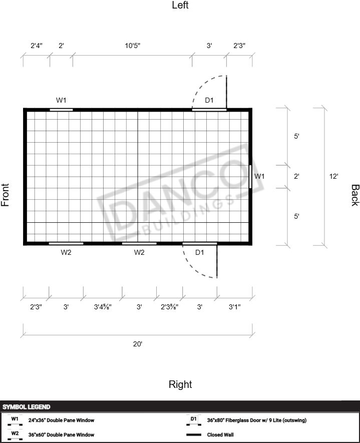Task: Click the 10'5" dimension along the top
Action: click(x=133, y=46)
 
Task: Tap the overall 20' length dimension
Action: click(x=138, y=344)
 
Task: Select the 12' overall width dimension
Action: click(x=334, y=176)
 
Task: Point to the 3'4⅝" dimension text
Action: click(x=103, y=307)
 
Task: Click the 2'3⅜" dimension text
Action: click(x=170, y=307)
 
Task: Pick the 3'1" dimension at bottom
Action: click(x=234, y=307)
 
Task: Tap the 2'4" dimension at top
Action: click(x=37, y=46)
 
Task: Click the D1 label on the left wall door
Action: click(x=209, y=100)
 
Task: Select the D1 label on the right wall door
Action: click(x=199, y=252)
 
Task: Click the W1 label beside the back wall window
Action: click(x=259, y=176)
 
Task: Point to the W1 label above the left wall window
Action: click(x=61, y=100)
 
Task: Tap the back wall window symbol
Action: click(x=250, y=177)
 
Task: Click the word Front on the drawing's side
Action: click(x=5, y=195)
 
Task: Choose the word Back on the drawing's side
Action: click(x=355, y=195)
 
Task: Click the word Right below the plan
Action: click(x=180, y=384)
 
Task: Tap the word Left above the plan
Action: click(x=180, y=5)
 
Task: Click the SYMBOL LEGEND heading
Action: click(x=26, y=407)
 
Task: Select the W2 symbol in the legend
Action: click(x=15, y=435)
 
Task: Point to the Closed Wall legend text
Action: click(x=220, y=435)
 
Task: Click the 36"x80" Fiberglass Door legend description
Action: click(x=256, y=420)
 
